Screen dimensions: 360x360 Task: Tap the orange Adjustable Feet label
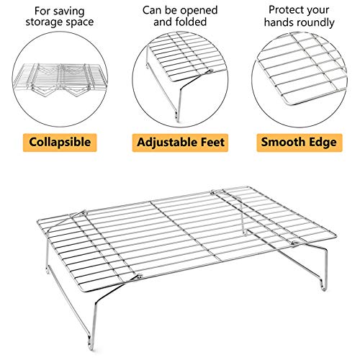tap(180, 142)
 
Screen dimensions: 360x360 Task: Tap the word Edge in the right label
tap(323, 142)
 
